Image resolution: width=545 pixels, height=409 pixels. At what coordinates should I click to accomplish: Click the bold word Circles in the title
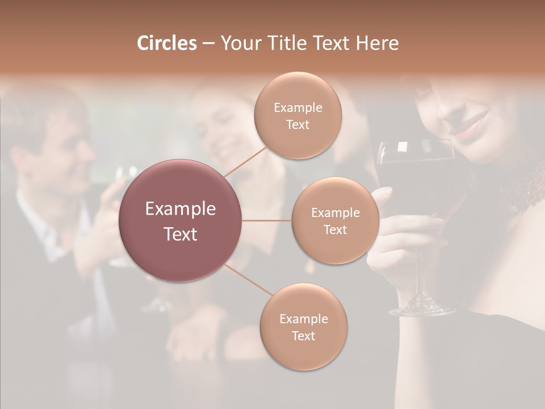coord(166,43)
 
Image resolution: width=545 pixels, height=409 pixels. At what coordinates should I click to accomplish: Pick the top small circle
coord(298,116)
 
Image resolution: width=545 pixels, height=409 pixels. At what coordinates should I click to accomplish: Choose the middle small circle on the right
coord(335,221)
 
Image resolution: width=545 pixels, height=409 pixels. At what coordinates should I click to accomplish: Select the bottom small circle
coord(303,327)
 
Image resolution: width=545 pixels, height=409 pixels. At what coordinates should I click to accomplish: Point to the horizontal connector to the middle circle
coord(267,220)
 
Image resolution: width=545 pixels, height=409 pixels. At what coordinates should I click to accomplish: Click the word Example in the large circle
coord(181,209)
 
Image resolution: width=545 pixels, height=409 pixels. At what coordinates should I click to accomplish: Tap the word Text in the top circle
coord(298,125)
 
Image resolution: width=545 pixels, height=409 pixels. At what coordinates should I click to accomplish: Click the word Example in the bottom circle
coord(303,319)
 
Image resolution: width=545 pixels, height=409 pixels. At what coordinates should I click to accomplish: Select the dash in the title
coord(208,44)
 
